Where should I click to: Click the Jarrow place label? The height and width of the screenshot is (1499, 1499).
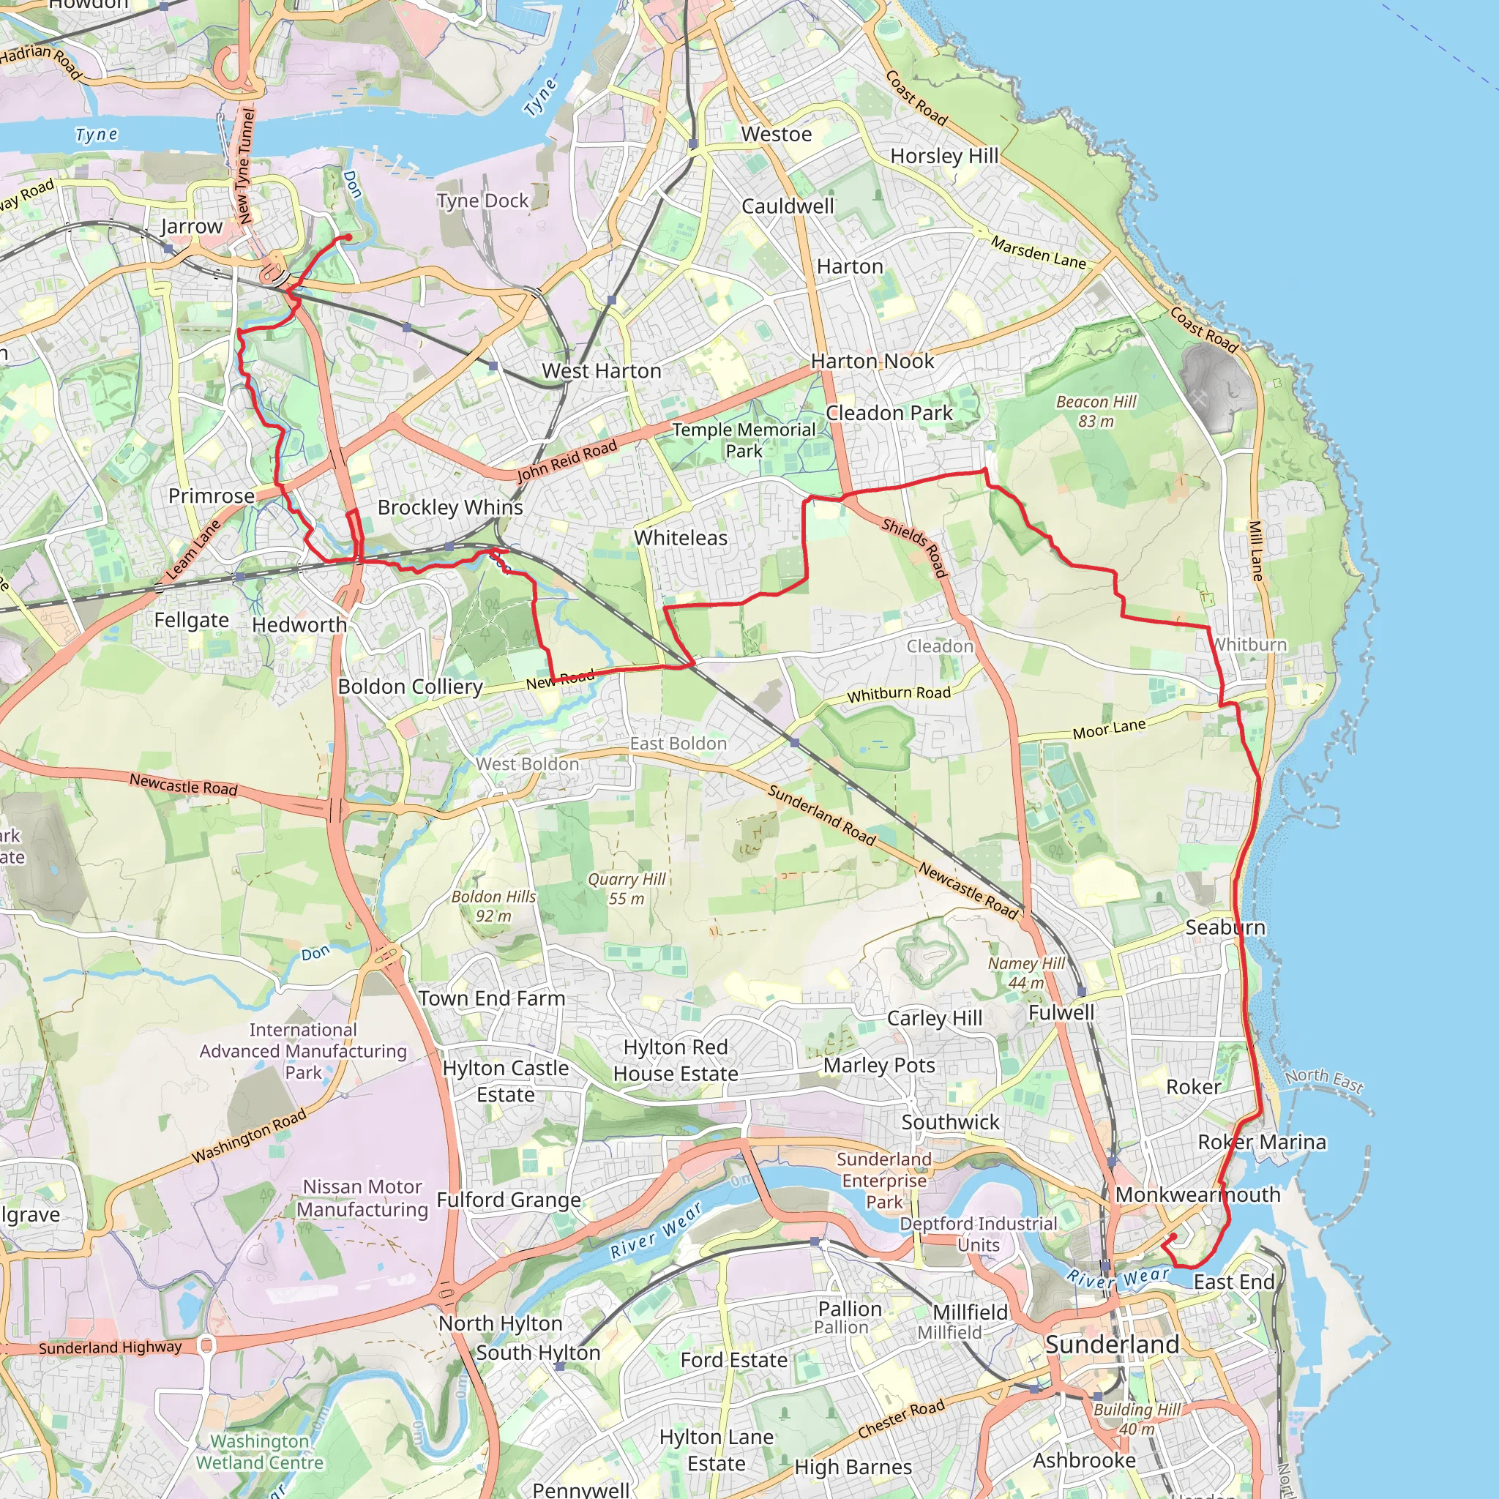click(x=191, y=227)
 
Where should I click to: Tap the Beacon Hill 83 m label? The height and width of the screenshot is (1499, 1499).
click(x=1096, y=411)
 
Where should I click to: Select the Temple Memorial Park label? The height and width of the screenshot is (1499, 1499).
click(x=744, y=440)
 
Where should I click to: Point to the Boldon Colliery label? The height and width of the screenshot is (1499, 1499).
click(x=411, y=687)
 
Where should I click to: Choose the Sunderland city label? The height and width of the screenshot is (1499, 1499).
click(x=1111, y=1345)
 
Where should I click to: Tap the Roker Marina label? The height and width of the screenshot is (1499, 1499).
click(x=1262, y=1142)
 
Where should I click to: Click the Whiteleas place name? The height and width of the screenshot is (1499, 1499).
click(x=681, y=538)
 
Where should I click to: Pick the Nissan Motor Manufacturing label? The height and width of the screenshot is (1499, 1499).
click(x=362, y=1198)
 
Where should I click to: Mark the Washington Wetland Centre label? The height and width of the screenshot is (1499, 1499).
click(x=259, y=1451)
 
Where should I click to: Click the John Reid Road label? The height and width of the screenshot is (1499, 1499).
click(x=567, y=461)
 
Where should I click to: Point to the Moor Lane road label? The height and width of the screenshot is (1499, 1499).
click(x=1109, y=728)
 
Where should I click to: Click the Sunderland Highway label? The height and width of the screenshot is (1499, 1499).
click(x=111, y=1347)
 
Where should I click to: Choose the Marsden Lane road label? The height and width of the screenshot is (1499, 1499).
click(x=1038, y=253)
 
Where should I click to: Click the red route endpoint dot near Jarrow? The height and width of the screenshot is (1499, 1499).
click(x=348, y=237)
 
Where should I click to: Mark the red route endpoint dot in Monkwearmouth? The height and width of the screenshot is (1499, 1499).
click(x=1173, y=1237)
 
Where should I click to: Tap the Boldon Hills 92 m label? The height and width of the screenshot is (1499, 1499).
click(x=493, y=905)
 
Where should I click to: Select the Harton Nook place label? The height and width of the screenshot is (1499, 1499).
click(x=872, y=362)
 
